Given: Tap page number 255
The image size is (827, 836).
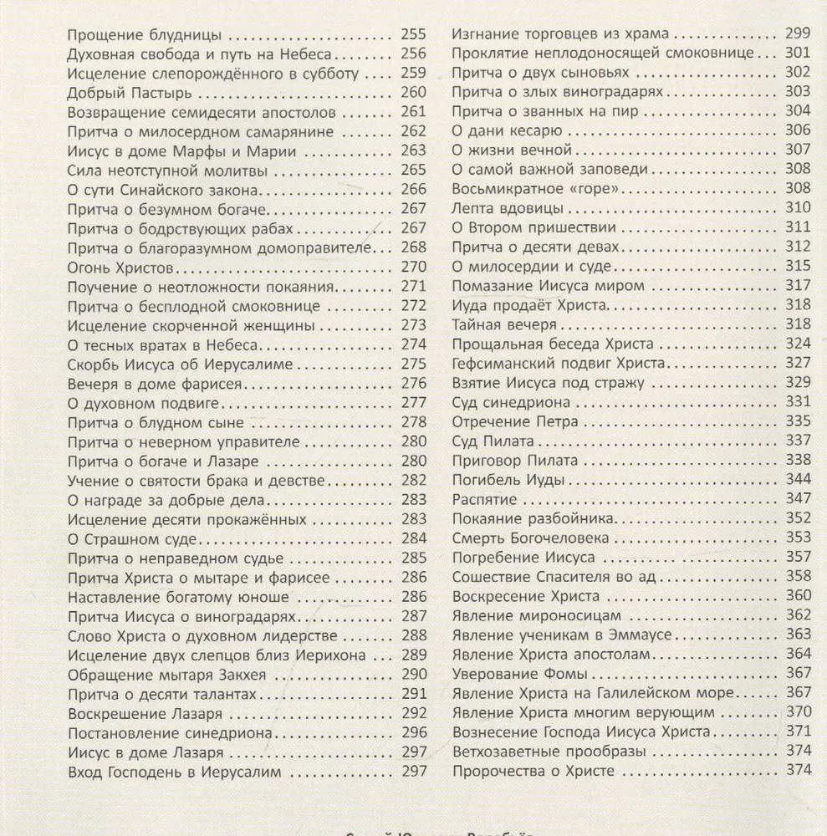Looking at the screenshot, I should pyautogui.click(x=414, y=35).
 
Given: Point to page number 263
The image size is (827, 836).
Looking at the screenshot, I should pyautogui.click(x=414, y=150).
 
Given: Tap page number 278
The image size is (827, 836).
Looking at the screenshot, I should pyautogui.click(x=414, y=421).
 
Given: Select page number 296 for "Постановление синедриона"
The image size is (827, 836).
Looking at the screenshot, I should pyautogui.click(x=414, y=733).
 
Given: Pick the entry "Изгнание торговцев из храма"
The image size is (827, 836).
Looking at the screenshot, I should pyautogui.click(x=560, y=34).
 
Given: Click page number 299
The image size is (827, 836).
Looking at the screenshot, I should pyautogui.click(x=799, y=34).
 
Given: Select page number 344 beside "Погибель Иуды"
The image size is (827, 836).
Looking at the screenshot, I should pyautogui.click(x=799, y=481).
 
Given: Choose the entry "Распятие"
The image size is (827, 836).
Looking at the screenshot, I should pyautogui.click(x=484, y=500).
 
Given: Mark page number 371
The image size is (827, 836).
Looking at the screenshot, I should pyautogui.click(x=799, y=731).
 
